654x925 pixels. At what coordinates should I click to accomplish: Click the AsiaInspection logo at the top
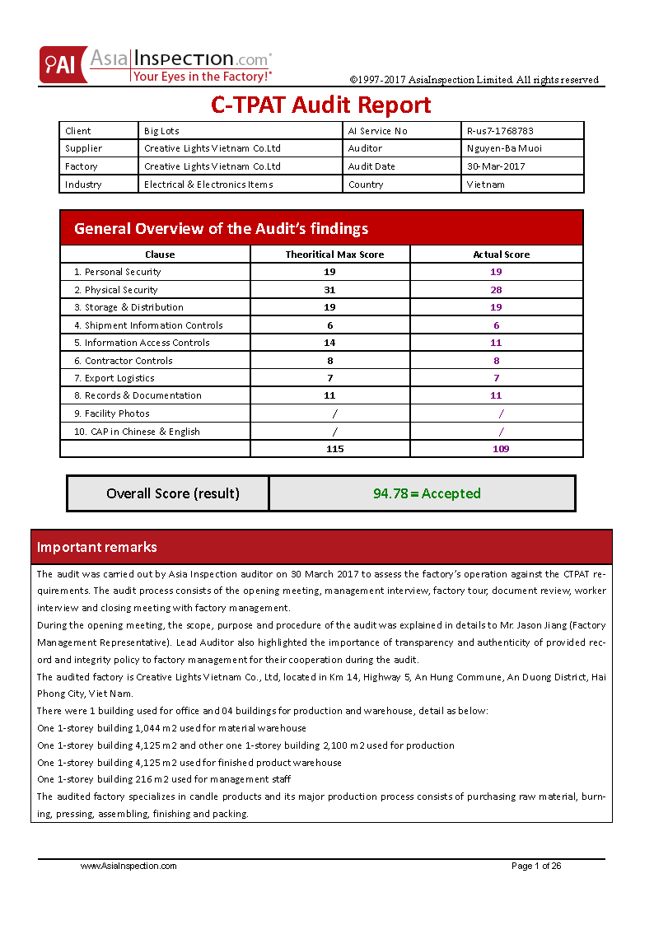click(x=156, y=65)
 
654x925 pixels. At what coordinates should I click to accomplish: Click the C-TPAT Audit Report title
click(x=321, y=105)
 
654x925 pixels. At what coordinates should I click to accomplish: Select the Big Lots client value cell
click(x=161, y=131)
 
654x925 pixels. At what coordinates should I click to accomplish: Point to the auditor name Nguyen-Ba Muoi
click(x=504, y=148)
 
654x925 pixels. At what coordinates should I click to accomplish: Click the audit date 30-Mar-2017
click(x=495, y=166)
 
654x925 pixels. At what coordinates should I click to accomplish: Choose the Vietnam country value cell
click(x=485, y=185)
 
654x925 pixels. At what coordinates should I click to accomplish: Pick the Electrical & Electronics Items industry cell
click(x=208, y=185)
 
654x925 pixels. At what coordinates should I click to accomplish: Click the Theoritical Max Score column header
click(x=334, y=255)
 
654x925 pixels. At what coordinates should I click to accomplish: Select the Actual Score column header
click(x=501, y=255)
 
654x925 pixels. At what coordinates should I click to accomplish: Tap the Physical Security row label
click(x=121, y=290)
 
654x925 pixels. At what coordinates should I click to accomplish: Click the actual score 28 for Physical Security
click(x=496, y=290)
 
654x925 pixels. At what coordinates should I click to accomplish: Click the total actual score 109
click(x=501, y=449)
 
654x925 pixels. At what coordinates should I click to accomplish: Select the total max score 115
click(x=334, y=449)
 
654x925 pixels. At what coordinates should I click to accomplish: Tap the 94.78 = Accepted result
click(x=427, y=493)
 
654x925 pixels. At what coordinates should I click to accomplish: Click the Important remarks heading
click(x=97, y=547)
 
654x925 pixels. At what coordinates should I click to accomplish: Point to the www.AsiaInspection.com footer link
click(x=128, y=866)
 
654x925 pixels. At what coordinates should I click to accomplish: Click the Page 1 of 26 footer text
click(x=536, y=866)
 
